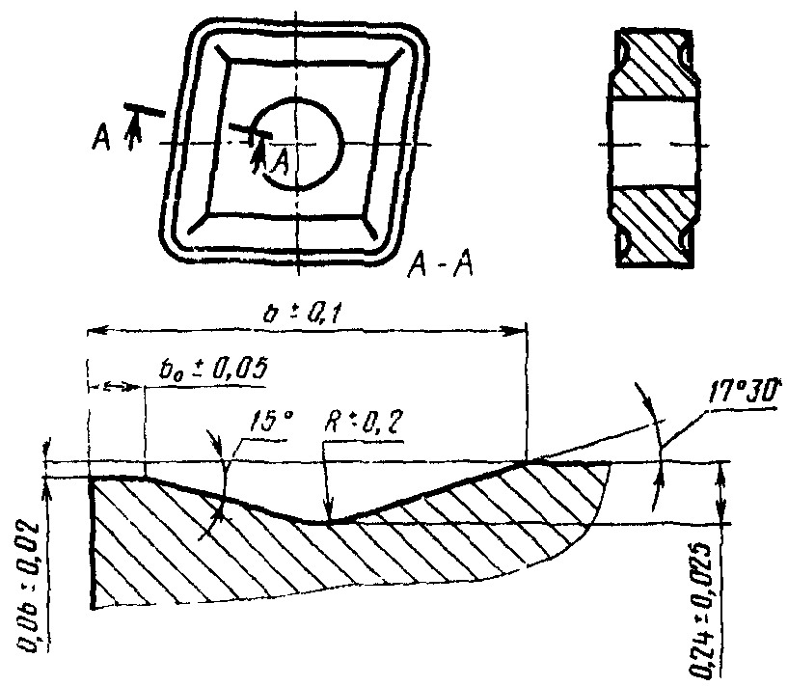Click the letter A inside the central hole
279,164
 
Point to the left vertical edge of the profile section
92,540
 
